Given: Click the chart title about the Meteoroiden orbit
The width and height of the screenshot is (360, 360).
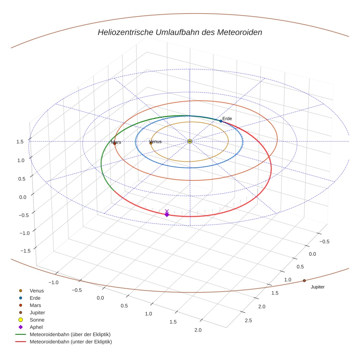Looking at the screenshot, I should (180, 32).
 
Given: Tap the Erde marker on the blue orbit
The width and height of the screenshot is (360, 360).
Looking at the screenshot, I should (221, 121).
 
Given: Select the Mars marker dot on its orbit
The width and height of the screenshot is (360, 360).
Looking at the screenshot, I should (115, 143).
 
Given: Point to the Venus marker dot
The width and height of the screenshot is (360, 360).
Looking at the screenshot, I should (151, 143).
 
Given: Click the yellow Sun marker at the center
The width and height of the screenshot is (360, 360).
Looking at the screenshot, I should (190, 141).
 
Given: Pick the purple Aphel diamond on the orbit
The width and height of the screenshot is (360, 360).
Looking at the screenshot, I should (167, 215).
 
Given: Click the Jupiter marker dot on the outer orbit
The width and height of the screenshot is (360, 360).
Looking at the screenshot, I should (304, 281).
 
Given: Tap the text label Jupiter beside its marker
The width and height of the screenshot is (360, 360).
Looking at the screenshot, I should (318, 287).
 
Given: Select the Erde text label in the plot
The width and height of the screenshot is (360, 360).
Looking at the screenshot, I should (227, 119).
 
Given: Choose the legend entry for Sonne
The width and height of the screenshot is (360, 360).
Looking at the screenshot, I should (37, 320).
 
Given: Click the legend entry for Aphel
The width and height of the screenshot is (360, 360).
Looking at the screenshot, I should (37, 327).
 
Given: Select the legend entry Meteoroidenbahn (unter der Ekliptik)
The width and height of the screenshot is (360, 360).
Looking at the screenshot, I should (71, 342).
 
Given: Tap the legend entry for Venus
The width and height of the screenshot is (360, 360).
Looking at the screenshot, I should (37, 290).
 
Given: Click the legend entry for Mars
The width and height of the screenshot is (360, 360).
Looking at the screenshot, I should (35, 305).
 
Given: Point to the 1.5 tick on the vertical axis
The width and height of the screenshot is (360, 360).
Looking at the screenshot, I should (20, 142).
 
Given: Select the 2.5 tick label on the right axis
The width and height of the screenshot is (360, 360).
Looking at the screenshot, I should (248, 321).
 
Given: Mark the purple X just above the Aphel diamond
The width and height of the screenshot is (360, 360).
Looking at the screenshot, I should (167, 211).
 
